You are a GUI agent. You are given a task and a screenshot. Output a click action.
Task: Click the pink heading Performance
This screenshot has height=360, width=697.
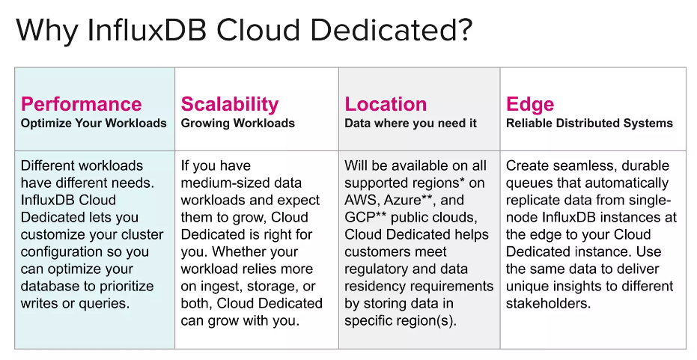pos(82,104)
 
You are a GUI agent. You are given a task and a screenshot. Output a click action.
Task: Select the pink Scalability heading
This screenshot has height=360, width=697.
pos(229,105)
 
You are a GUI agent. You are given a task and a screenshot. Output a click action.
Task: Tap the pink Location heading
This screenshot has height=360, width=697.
pos(386,104)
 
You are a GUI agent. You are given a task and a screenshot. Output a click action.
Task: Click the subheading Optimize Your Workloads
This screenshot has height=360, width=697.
pos(94,123)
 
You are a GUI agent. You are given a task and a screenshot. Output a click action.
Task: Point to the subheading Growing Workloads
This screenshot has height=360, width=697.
pos(237,123)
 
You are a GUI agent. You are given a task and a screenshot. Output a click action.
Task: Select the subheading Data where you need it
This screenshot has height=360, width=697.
pos(410,123)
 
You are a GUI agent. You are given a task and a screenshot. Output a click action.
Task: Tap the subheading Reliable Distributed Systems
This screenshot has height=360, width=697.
pos(589,123)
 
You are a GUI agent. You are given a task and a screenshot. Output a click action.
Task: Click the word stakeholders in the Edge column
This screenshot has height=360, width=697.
pos(548,304)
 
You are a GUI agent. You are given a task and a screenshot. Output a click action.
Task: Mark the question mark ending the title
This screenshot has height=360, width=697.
pos(463,30)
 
